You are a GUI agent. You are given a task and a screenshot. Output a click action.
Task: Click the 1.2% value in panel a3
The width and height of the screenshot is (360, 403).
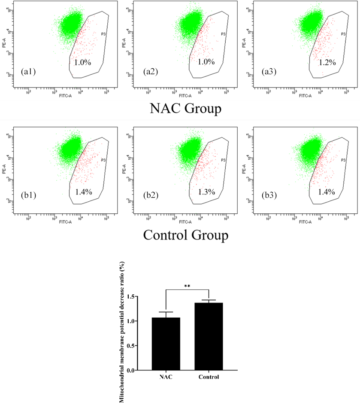pyautogui.click(x=327, y=62)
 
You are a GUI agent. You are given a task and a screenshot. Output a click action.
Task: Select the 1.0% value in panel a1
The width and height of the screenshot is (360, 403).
pyautogui.click(x=82, y=62)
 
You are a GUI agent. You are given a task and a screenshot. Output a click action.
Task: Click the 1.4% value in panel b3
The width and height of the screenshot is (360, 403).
pyautogui.click(x=327, y=192)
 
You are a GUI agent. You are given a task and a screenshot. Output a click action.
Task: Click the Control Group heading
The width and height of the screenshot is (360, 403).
pyautogui.click(x=185, y=235)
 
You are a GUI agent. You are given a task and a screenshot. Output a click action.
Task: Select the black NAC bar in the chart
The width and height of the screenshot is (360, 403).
pyautogui.click(x=166, y=344)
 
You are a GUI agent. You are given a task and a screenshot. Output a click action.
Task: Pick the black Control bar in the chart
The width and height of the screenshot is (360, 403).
pyautogui.click(x=209, y=336)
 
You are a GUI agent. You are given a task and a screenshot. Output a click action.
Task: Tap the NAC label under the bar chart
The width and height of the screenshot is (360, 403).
pyautogui.click(x=166, y=377)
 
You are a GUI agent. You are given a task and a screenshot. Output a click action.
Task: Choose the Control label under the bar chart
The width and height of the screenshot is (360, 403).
pyautogui.click(x=209, y=377)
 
